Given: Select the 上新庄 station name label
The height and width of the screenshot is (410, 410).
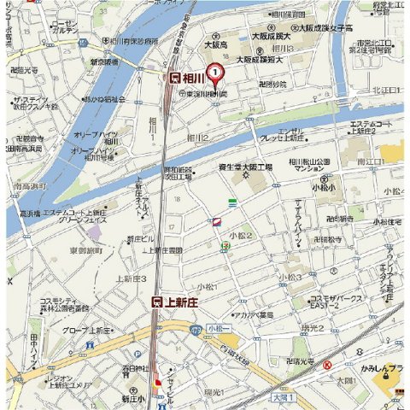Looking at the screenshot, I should (x=182, y=302).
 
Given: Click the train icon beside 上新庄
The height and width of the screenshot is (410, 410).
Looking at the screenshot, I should (x=157, y=302).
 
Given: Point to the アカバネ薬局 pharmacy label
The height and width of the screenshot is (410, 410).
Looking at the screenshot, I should (x=253, y=314).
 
